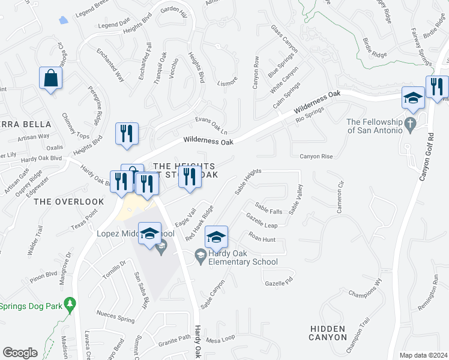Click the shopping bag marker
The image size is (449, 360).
(51, 79)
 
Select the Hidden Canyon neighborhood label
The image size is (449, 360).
(328, 333)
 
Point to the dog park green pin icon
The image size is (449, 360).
(71, 305)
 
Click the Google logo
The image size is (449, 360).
(20, 353)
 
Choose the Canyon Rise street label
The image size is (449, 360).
(316, 157)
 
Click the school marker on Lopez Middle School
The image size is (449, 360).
(149, 234)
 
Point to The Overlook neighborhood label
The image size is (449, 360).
(61, 202)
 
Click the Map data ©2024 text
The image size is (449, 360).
(423, 355)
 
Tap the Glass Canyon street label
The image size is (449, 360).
(284, 40)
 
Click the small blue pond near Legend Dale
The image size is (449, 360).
(63, 19)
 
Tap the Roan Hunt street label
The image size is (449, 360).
(262, 240)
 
